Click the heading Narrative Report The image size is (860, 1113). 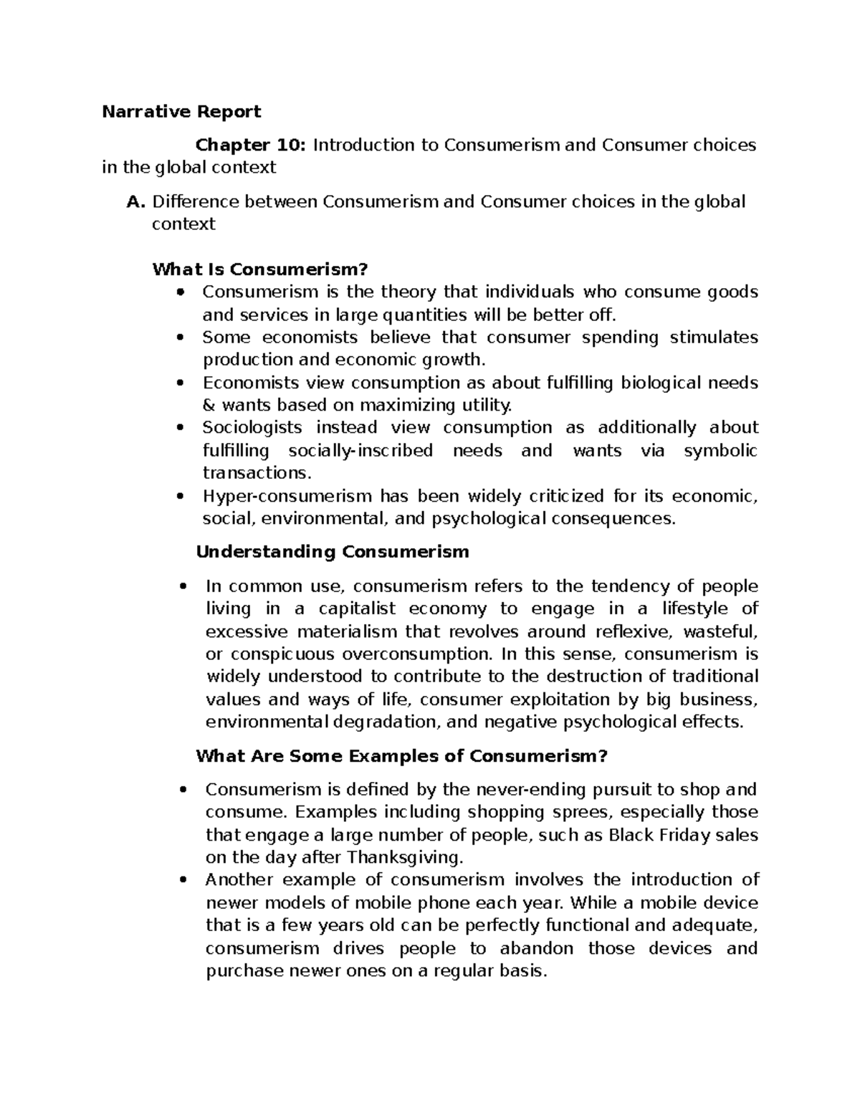181,112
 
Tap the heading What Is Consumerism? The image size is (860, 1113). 259,269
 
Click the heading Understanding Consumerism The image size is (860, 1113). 333,552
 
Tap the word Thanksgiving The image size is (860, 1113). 406,857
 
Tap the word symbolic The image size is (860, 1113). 720,451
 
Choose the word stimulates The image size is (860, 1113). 713,338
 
